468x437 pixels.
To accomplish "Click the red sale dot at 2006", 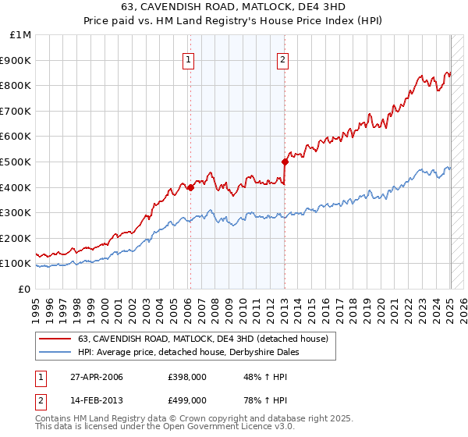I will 190,187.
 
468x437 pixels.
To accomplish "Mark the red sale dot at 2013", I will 285,162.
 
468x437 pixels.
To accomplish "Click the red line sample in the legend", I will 54,339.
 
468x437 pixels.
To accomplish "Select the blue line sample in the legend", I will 54,352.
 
